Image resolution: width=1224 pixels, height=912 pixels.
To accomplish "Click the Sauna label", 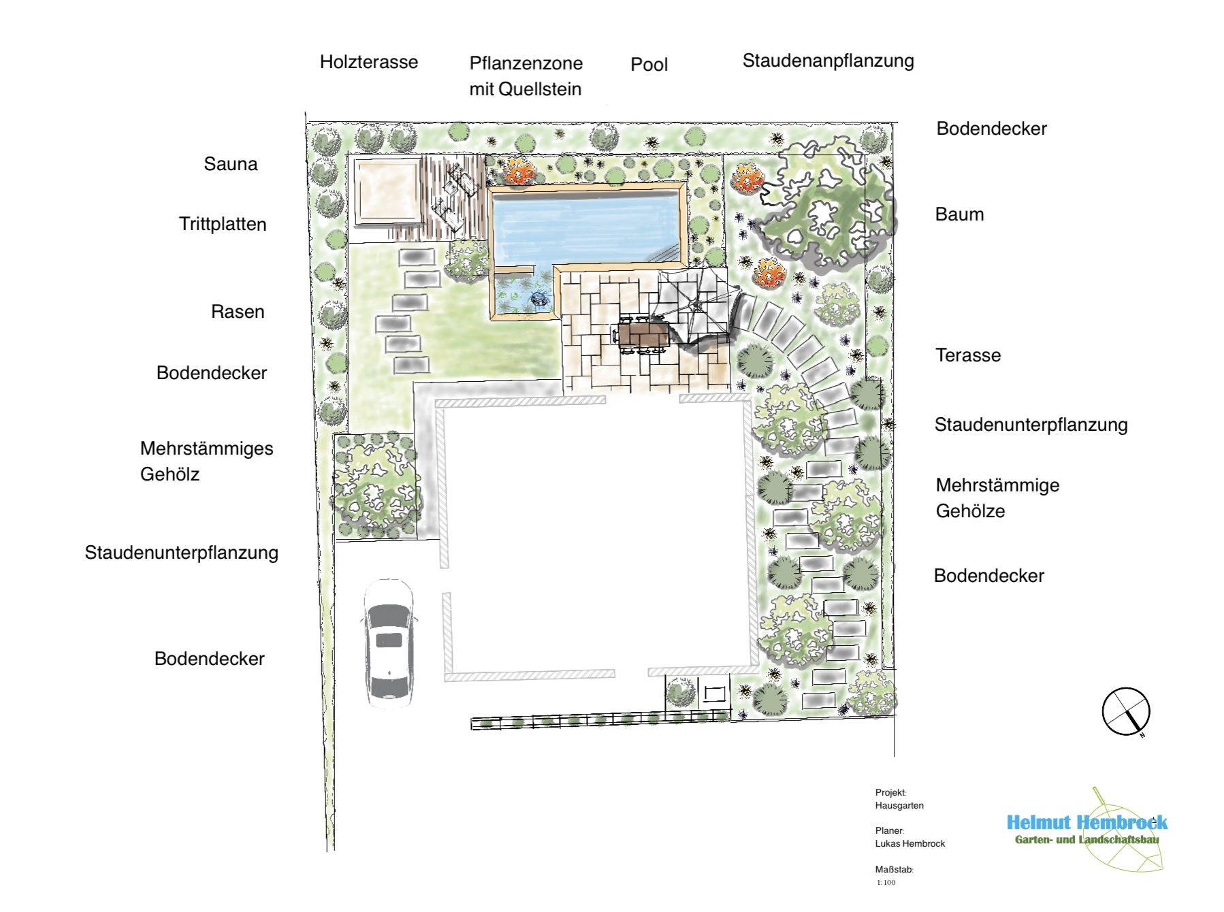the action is [231, 164].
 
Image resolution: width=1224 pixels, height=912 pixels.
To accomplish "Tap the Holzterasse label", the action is [369, 62].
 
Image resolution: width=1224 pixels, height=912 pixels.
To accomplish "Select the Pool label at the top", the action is [649, 65].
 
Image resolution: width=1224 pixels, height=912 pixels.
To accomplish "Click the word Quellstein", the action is [540, 89].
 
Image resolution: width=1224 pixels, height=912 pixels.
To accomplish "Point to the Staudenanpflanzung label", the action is [828, 61].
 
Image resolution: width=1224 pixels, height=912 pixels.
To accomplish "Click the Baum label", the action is [959, 214].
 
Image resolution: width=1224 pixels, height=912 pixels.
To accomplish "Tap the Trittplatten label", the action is [223, 225].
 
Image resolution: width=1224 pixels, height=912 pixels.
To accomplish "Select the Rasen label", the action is [238, 312].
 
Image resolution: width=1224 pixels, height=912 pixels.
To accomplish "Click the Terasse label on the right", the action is [968, 355].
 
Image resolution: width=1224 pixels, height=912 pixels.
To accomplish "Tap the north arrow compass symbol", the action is [1126, 712].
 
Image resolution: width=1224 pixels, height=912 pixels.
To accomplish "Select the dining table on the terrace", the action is [642, 335].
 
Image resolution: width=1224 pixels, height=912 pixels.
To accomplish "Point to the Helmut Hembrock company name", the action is [1087, 823].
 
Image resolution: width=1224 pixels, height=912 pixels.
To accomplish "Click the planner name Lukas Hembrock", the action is [910, 844].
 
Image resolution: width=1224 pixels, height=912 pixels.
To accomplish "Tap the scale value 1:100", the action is [886, 883].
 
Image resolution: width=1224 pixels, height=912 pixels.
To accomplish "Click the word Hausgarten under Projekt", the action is [899, 806].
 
